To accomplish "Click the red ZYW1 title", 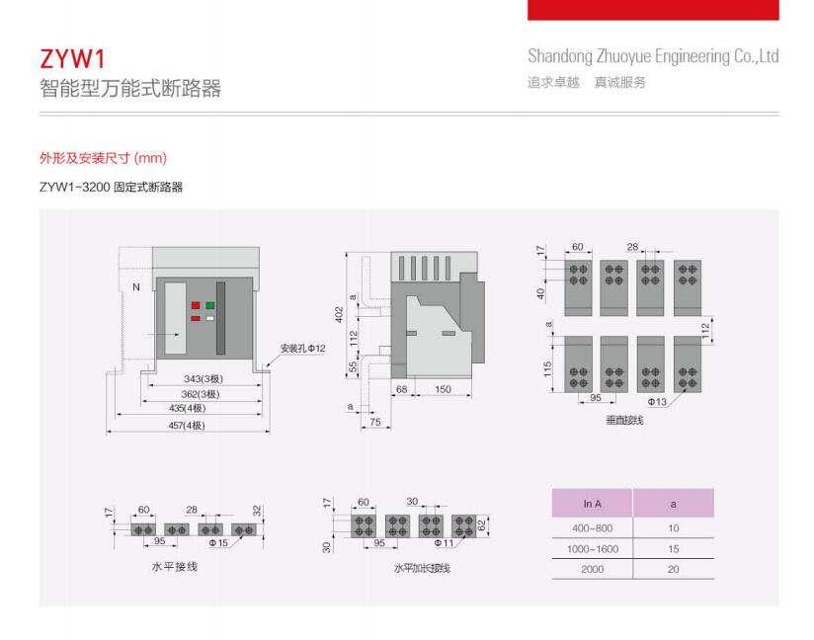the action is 72,58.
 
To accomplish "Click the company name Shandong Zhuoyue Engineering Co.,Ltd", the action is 653,56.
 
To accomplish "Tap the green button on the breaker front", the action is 209,305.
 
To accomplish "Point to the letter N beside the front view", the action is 136,287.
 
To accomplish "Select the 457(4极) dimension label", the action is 187,425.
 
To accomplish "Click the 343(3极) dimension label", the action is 203,379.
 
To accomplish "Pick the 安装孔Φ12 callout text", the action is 302,349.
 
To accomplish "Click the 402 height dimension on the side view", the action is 339,314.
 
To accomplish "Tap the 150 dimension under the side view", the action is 443,389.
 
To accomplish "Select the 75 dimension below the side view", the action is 374,422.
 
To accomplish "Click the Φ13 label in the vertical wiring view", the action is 657,402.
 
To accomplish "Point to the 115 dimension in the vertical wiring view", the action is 547,369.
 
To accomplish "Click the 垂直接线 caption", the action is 624,420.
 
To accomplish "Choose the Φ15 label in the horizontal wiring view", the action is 218,543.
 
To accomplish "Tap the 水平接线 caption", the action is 175,566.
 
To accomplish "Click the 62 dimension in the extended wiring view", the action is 482,525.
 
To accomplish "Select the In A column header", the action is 593,504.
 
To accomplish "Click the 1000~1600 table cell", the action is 593,549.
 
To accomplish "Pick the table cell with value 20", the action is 674,569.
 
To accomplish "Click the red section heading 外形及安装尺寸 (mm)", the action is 104,158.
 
